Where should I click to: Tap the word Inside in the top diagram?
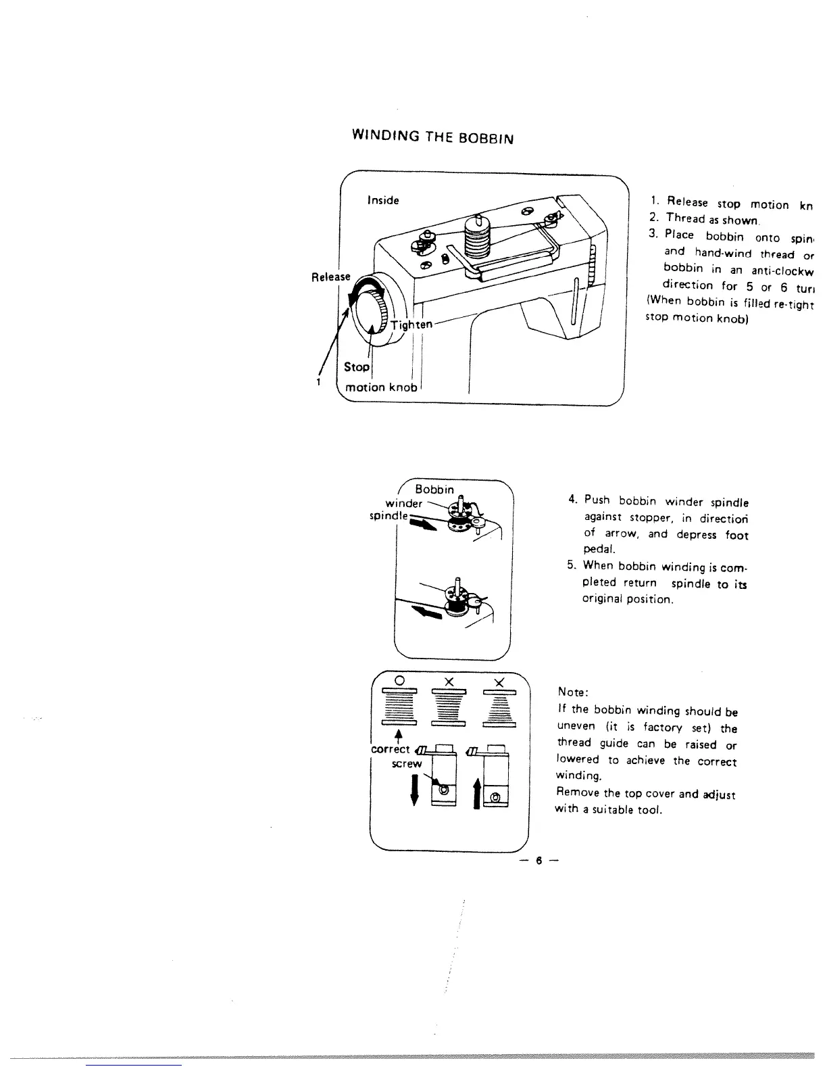pos(383,200)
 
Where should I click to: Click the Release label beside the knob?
pos(330,277)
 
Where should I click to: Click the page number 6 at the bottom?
pos(539,861)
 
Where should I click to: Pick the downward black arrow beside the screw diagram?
pos(414,790)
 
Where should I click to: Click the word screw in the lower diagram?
pos(407,763)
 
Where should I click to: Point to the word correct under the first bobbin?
pos(391,749)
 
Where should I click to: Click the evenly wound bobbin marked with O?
pos(399,707)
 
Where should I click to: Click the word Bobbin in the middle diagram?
pos(434,489)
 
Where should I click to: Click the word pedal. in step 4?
pos(598,550)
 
